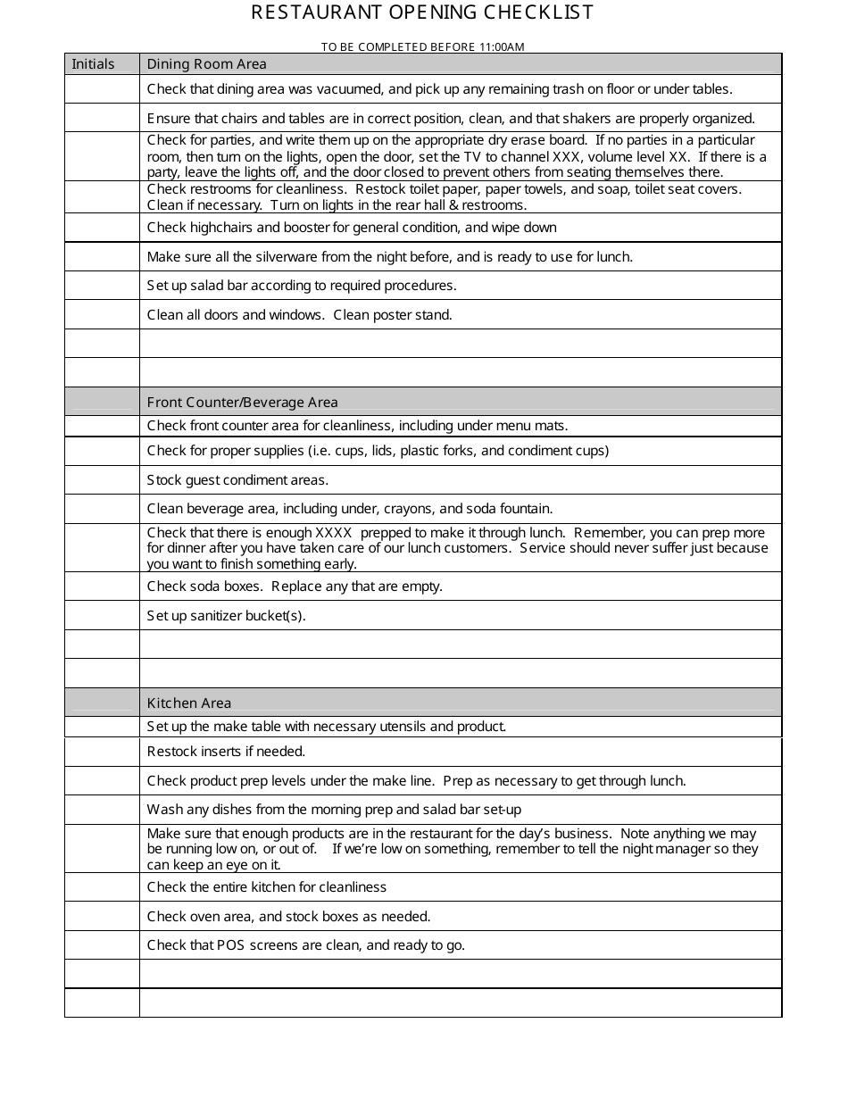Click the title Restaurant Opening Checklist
tap(422, 12)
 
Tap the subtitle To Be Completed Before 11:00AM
tap(422, 46)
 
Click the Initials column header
tap(94, 63)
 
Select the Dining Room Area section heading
tap(206, 63)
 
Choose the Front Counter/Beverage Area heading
tap(242, 402)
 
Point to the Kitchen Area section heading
tap(188, 703)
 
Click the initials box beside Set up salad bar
tap(102, 286)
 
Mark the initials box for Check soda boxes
tap(102, 586)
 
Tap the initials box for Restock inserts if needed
tap(102, 752)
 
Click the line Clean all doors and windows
tap(299, 314)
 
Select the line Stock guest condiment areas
tap(237, 479)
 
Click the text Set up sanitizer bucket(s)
tap(226, 615)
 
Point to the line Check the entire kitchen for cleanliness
tap(266, 886)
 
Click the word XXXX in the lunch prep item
tap(334, 533)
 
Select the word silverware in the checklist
tap(284, 256)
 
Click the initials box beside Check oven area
tap(102, 916)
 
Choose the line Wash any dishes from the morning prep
tap(334, 810)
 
